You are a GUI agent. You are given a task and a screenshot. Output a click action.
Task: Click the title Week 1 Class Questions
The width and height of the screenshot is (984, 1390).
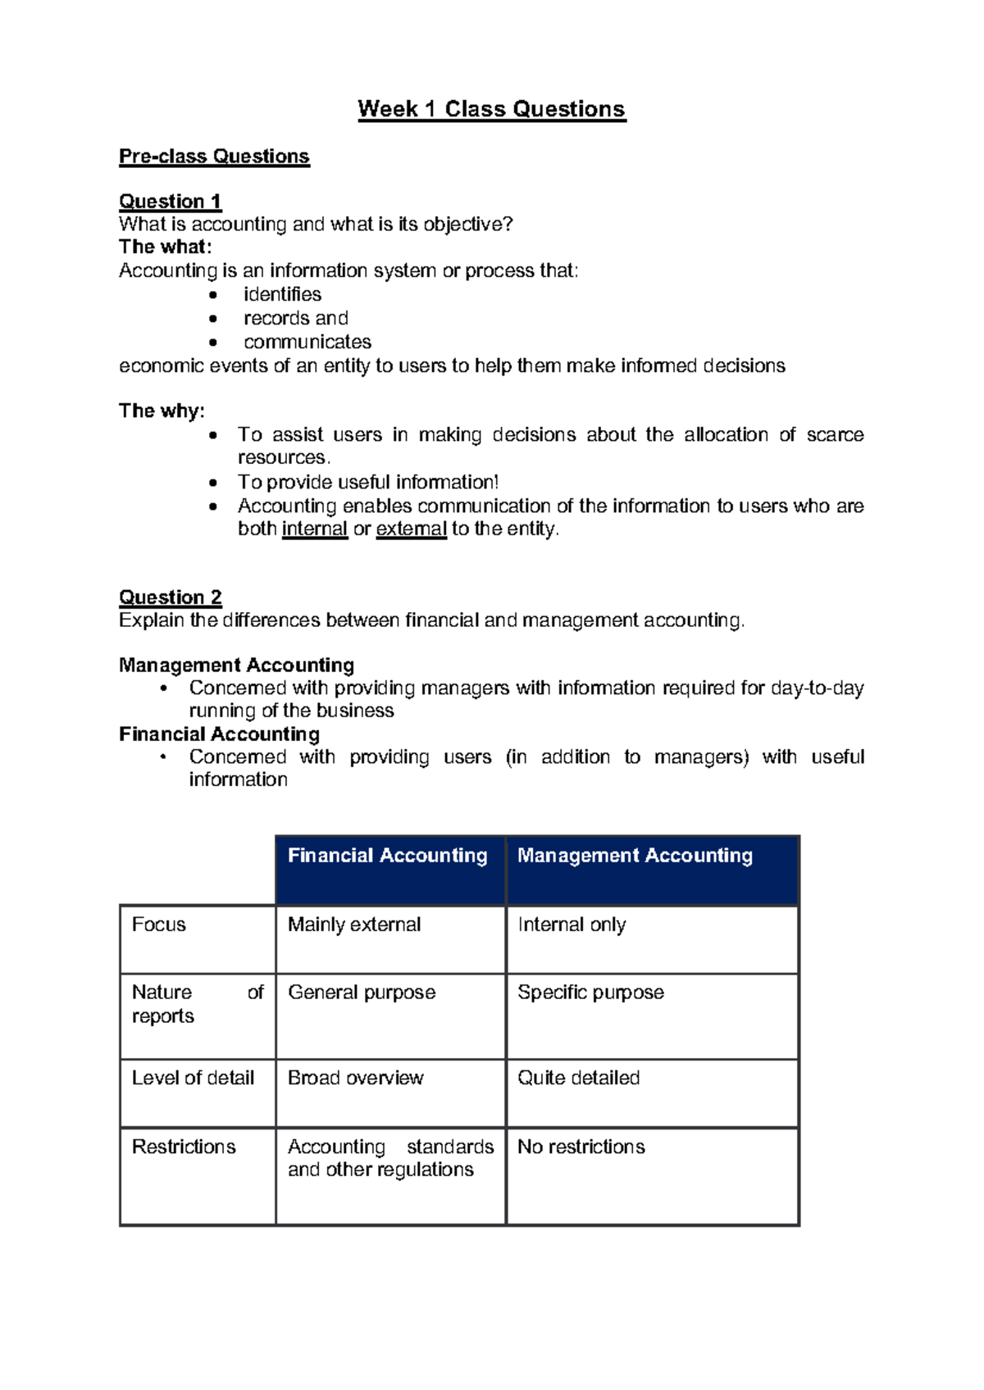tap(491, 109)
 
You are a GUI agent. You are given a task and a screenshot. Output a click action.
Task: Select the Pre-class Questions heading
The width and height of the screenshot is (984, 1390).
tap(214, 157)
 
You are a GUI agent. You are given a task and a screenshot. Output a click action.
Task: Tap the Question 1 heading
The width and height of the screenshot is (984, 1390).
tap(170, 202)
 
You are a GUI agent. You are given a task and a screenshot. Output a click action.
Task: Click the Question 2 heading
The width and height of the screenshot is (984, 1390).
tap(170, 597)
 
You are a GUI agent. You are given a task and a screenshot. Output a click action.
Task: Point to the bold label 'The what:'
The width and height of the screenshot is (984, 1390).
tap(165, 247)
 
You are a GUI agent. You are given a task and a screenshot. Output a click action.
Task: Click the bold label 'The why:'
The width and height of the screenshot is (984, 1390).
tap(162, 411)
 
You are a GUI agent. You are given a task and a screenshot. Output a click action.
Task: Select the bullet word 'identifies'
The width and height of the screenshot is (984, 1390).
tap(282, 294)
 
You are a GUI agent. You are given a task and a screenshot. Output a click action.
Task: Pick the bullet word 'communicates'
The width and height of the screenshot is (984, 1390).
tap(307, 342)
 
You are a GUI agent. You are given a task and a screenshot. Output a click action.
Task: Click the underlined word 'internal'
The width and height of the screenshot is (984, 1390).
tap(315, 529)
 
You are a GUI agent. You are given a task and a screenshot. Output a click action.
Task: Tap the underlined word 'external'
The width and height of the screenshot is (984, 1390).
tap(411, 529)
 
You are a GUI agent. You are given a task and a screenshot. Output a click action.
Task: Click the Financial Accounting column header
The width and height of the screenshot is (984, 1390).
tap(387, 856)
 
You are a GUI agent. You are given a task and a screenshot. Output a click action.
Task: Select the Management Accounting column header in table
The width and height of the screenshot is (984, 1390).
tap(635, 856)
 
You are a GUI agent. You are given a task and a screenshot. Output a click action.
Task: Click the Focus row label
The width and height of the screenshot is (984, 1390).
tap(159, 924)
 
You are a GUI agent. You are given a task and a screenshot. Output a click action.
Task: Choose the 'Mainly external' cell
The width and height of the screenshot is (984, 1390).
tap(354, 924)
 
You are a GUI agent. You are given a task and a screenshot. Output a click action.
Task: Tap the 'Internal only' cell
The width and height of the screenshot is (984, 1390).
tap(572, 924)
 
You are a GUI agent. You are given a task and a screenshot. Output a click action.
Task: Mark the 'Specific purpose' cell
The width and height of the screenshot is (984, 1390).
tap(590, 993)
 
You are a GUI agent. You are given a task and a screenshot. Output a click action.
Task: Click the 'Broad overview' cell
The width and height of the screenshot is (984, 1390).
tap(355, 1078)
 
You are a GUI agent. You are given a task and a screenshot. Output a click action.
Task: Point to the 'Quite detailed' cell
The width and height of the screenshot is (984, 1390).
tap(578, 1078)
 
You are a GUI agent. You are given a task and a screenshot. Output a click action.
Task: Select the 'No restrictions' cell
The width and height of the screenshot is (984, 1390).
tap(581, 1147)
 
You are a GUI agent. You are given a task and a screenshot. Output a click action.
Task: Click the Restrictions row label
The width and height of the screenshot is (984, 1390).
tap(184, 1147)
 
